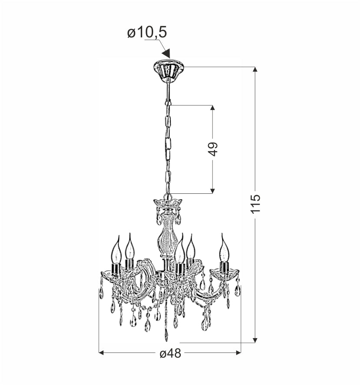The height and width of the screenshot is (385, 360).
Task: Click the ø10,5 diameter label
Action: [x=147, y=33]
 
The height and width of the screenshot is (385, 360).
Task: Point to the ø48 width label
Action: [x=170, y=354]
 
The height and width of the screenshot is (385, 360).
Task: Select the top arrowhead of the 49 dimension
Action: [x=213, y=108]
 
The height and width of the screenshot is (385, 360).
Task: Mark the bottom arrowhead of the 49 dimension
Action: [x=213, y=190]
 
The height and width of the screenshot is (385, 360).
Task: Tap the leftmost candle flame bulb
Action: [x=116, y=250]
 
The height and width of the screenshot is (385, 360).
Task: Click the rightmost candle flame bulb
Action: [x=224, y=249]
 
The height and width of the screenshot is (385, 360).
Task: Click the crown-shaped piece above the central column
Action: [x=167, y=203]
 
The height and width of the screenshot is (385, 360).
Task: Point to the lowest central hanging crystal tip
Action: [x=166, y=337]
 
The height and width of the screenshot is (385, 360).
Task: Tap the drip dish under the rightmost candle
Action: [x=224, y=273]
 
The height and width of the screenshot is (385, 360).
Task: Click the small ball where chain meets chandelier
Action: [x=167, y=196]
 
